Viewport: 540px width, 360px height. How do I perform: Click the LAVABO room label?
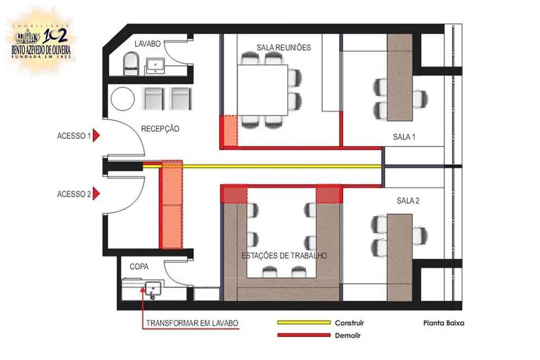click(148, 44)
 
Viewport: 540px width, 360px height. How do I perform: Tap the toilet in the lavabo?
click(131, 63)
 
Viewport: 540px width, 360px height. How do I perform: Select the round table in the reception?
click(122, 99)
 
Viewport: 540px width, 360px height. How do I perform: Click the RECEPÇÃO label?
click(160, 129)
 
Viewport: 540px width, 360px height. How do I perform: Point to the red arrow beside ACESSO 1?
click(96, 135)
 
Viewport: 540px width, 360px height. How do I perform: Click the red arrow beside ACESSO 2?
click(96, 194)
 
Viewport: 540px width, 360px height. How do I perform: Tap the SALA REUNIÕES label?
click(284, 47)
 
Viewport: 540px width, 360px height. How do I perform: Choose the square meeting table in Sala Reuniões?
click(263, 90)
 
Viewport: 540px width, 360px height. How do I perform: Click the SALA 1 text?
click(404, 137)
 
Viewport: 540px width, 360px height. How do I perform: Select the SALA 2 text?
click(408, 200)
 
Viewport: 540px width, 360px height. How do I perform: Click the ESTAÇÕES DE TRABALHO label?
click(284, 256)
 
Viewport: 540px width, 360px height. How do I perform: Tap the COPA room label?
click(139, 266)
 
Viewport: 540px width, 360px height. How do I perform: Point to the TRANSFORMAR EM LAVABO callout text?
click(192, 323)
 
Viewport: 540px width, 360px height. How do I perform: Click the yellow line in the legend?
click(304, 323)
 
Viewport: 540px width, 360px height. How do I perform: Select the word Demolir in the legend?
click(348, 335)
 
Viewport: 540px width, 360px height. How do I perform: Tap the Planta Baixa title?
click(443, 323)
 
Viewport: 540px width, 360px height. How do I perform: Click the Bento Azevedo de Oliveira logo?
click(41, 41)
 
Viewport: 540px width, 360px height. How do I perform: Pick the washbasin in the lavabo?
click(156, 65)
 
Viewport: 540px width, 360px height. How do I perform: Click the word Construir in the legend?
click(349, 323)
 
